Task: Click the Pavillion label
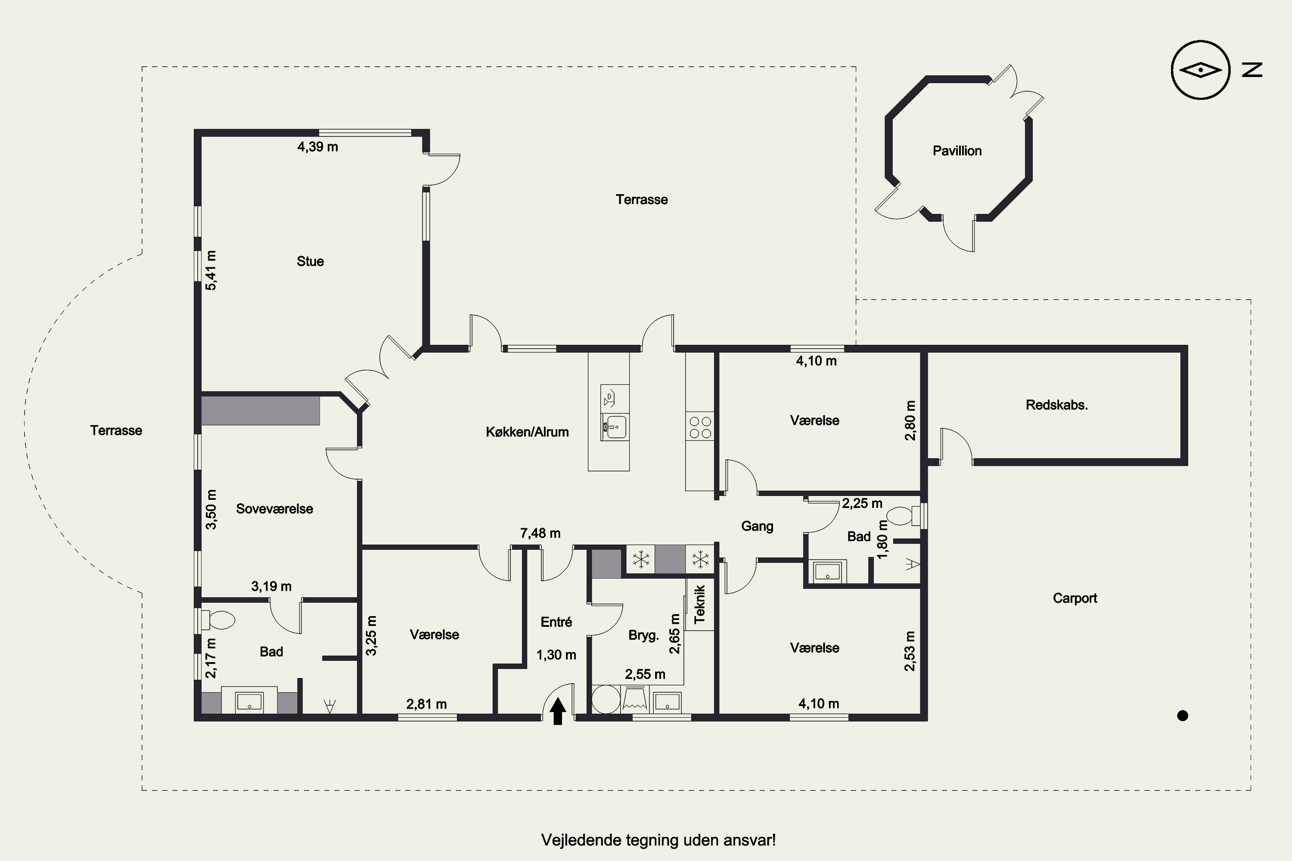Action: [x=957, y=151]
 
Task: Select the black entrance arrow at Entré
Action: [x=558, y=711]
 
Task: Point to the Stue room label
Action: [x=311, y=261]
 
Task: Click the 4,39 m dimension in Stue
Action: [x=317, y=147]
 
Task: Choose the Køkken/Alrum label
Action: [x=527, y=432]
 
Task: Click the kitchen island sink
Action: [x=615, y=427]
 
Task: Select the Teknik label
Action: [x=699, y=604]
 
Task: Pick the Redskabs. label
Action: [x=1057, y=405]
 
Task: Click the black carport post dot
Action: [x=1183, y=715]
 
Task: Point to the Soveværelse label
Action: [x=275, y=509]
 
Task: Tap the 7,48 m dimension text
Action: [x=540, y=533]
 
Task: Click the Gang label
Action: [x=757, y=526]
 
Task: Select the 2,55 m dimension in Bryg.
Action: [x=645, y=674]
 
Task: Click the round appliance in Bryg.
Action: [x=606, y=700]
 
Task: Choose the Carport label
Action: [x=1075, y=598]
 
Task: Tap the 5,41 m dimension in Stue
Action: [x=211, y=270]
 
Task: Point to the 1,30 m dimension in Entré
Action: [x=556, y=655]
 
